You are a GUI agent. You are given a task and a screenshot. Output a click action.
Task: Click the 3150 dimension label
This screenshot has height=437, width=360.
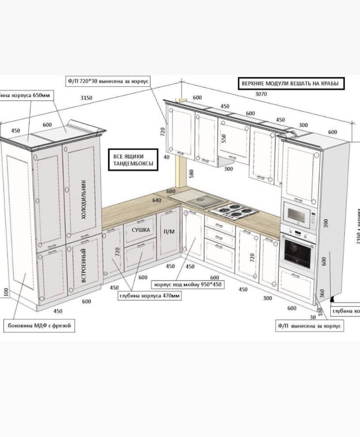[86, 98]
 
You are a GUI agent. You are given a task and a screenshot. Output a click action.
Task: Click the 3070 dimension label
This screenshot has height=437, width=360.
[261, 94]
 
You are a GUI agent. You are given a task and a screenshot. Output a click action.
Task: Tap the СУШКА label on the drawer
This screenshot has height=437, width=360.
[140, 230]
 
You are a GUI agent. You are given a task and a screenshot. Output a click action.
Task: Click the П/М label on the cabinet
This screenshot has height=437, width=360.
[169, 232]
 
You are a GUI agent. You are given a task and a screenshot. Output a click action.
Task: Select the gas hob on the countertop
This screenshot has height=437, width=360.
[233, 211]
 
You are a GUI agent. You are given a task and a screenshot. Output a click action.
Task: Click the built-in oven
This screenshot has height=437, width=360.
[297, 251]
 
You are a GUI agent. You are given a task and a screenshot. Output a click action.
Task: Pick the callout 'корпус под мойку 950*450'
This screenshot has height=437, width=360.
[188, 284]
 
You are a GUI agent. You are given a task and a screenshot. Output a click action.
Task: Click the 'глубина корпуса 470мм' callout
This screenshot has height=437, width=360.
[149, 296]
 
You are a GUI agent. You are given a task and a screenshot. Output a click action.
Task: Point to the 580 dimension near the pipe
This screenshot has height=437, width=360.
[192, 173]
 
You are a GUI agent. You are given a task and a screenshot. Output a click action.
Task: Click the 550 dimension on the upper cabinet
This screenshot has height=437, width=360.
[223, 138]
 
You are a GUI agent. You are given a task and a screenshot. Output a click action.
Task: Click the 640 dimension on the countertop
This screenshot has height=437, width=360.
[156, 200]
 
